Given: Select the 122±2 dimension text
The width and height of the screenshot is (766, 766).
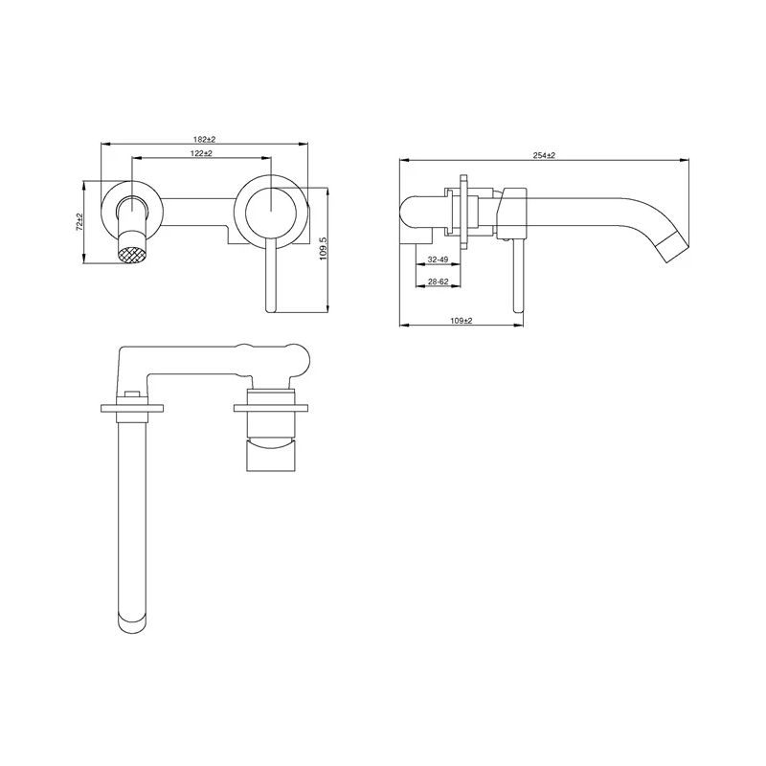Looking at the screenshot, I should click(200, 153).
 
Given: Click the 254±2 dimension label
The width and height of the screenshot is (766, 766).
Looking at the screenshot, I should click(545, 154).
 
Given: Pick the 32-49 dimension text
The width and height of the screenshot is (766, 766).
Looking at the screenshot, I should click(439, 259).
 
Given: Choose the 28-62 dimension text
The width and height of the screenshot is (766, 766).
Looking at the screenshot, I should click(439, 282).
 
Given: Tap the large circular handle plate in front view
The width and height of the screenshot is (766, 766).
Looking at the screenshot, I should click(271, 208).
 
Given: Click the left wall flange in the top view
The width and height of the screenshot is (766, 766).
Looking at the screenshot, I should click(130, 408).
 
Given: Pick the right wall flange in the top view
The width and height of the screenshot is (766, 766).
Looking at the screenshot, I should click(271, 408).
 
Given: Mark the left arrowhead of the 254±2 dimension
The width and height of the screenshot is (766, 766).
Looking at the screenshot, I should click(402, 160).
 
